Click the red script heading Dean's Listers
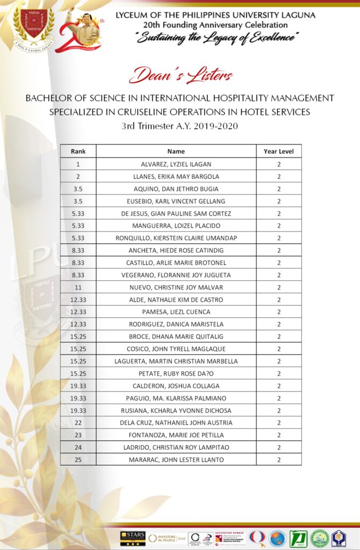click(x=181, y=75)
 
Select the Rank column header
click(x=78, y=151)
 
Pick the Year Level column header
click(x=278, y=151)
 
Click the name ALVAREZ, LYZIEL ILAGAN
click(x=176, y=164)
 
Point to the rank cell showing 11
click(x=78, y=287)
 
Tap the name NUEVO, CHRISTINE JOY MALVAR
click(x=176, y=287)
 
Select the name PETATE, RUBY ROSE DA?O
click(x=176, y=374)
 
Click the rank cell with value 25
click(x=78, y=460)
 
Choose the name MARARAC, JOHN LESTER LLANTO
click(x=176, y=460)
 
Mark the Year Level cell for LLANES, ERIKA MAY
click(x=278, y=176)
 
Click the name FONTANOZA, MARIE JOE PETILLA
click(x=176, y=435)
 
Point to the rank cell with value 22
click(x=78, y=423)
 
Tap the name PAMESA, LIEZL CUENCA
click(x=176, y=312)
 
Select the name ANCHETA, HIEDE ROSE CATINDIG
click(x=176, y=250)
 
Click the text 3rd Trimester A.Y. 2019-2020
click(x=180, y=127)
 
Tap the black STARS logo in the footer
click(x=132, y=538)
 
